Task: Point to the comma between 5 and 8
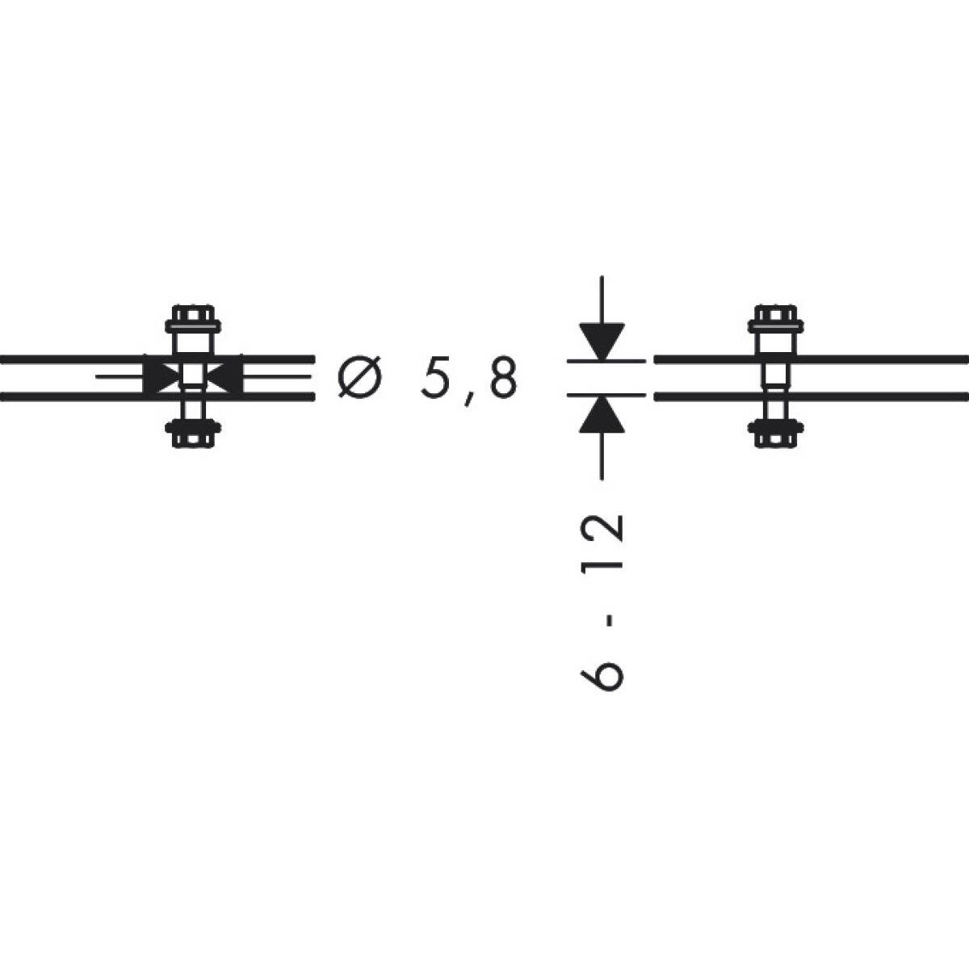pyautogui.click(x=468, y=399)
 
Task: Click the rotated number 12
pyautogui.click(x=602, y=540)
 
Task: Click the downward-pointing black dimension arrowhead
pyautogui.click(x=602, y=342)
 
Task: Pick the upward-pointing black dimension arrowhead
pyautogui.click(x=602, y=414)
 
